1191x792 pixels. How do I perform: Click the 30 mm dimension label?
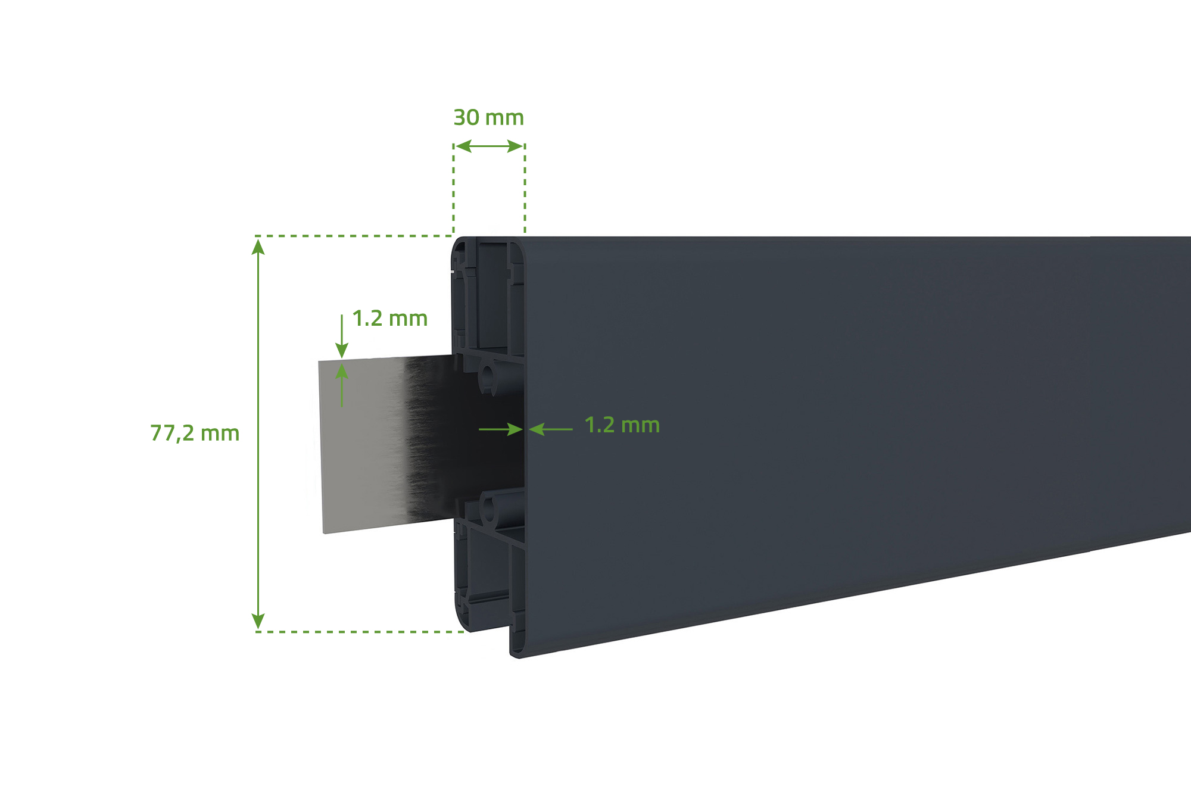488,118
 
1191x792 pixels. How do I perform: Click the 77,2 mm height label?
195,433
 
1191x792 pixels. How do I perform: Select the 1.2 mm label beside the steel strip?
390,319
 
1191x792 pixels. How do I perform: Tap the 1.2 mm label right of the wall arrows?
622,425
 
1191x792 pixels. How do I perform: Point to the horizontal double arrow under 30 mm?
489,146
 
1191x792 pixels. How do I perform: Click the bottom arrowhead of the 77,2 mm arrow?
258,622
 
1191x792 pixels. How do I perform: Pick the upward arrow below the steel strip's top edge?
342,384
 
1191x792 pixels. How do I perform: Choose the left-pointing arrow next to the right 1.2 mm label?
550,429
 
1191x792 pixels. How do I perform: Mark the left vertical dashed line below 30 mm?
454,191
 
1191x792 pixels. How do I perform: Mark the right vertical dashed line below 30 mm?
525,191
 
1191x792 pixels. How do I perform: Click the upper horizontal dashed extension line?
354,236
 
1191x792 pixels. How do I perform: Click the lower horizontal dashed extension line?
360,632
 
